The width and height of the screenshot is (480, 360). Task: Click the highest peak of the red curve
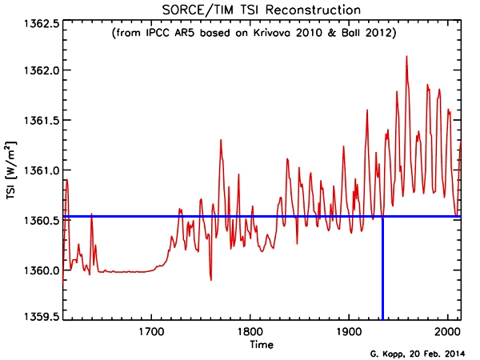tap(406, 57)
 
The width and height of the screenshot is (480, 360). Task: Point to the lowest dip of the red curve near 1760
tap(210, 279)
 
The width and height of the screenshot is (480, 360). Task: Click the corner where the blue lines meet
tap(382, 216)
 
